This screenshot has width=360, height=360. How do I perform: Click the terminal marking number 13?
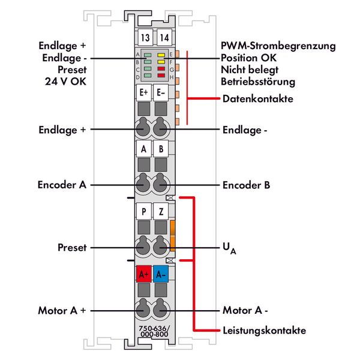(x=144, y=38)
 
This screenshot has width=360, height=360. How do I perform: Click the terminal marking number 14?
(x=163, y=38)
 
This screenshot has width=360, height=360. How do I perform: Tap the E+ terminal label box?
(x=144, y=93)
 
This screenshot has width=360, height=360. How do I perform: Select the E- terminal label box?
(x=160, y=93)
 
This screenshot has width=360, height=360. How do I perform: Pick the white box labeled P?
(x=144, y=211)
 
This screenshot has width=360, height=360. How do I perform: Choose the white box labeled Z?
(x=160, y=211)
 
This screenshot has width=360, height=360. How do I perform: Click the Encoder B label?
(x=246, y=185)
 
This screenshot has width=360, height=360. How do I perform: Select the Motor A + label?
(x=62, y=310)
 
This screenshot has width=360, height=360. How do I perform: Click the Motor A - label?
(x=245, y=310)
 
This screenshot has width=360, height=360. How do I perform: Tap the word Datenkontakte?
(x=257, y=99)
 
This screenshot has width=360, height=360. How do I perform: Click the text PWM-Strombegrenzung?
(x=278, y=46)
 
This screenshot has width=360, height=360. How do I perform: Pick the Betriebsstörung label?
(x=257, y=82)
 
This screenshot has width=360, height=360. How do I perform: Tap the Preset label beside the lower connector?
(x=72, y=247)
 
